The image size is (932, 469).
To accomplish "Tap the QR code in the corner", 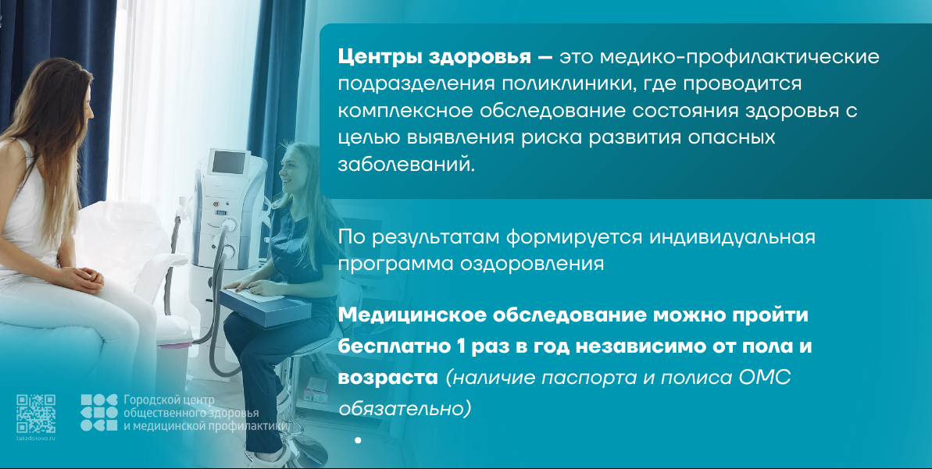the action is pos(36,414).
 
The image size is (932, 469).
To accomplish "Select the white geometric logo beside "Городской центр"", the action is pos(99,412).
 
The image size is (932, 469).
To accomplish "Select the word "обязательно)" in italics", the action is pos(405,408).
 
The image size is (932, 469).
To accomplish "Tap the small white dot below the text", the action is pos(358,440).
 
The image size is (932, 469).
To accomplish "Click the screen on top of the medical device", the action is pos(229,162).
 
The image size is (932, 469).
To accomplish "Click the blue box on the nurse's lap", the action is pos(265,306).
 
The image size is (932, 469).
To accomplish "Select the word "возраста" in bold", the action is pos(387,378).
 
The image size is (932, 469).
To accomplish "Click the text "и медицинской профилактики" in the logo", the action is pos(205,425).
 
